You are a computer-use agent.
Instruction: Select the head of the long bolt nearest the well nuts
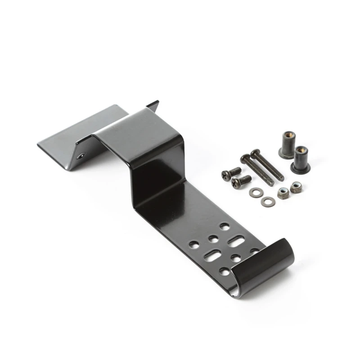click(x=255, y=153)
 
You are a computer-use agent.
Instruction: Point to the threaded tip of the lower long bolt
click(x=270, y=183)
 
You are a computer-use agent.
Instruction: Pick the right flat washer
click(x=269, y=201)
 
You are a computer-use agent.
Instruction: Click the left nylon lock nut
click(x=283, y=193)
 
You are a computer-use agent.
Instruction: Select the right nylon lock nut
click(x=296, y=187)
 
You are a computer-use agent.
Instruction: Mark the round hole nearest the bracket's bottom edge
click(x=224, y=271)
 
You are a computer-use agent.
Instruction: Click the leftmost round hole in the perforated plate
click(x=193, y=245)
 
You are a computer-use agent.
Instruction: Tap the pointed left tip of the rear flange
click(x=38, y=145)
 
